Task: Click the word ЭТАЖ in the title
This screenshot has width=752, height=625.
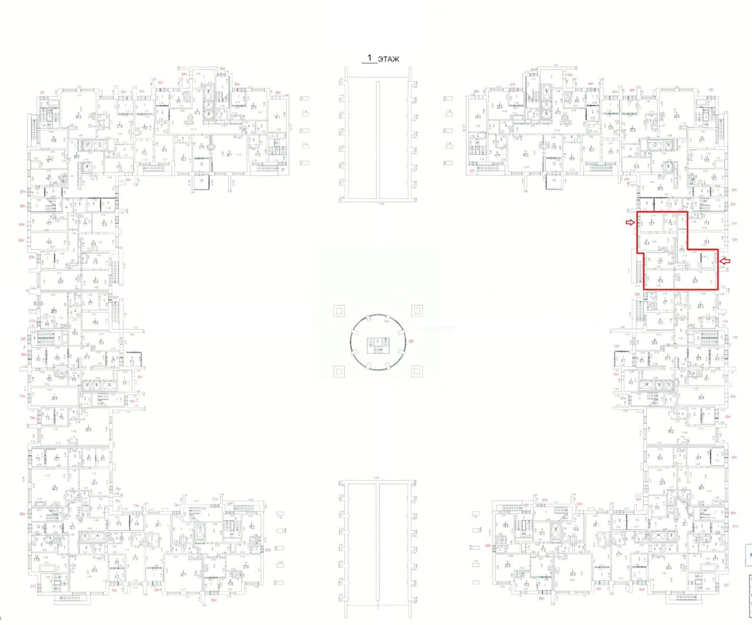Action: click(388, 59)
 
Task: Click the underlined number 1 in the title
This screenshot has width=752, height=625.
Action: click(370, 58)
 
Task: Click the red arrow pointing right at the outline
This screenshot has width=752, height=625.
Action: click(630, 222)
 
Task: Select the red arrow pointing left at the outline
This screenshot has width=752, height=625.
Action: click(726, 261)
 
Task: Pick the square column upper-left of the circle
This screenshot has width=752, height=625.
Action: click(338, 311)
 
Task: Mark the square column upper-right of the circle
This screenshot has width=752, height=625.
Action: click(417, 311)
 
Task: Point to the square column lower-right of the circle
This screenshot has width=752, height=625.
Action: click(417, 371)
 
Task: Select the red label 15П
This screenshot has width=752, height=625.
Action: click(710, 89)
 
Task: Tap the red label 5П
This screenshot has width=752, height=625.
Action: click(42, 92)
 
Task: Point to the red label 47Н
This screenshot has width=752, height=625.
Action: click(627, 179)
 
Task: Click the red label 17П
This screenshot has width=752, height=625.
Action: click(734, 337)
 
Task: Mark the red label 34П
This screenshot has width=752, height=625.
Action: click(23, 339)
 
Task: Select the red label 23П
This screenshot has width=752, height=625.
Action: click(727, 585)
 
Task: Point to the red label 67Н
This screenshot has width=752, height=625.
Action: click(268, 550)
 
